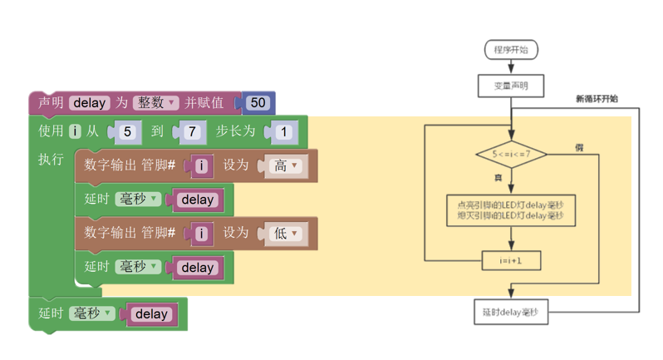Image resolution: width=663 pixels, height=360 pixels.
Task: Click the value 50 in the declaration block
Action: [258, 103]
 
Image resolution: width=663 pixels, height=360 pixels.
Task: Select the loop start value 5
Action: [127, 132]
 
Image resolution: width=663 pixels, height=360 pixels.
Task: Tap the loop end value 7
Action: [192, 132]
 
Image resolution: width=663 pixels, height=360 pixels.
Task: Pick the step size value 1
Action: [283, 132]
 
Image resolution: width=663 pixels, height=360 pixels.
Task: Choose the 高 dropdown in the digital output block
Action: [286, 165]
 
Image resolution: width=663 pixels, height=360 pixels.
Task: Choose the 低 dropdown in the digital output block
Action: [286, 233]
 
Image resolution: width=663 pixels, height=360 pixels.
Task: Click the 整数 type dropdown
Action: [155, 103]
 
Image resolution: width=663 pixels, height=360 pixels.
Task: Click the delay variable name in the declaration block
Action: [90, 103]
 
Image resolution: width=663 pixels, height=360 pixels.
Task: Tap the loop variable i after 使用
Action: [75, 131]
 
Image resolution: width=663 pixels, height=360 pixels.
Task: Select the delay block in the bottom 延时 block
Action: [152, 314]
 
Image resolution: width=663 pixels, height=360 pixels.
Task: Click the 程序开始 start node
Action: [511, 50]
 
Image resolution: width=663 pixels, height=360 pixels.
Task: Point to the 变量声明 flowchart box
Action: [511, 86]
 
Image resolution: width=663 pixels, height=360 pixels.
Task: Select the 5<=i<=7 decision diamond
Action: [511, 154]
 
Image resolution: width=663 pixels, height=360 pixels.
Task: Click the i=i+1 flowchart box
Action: [511, 260]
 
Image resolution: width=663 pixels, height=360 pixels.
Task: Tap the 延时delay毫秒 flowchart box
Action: [511, 313]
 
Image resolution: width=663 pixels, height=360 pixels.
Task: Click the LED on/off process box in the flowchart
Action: [511, 210]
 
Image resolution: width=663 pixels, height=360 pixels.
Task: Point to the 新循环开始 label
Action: [597, 99]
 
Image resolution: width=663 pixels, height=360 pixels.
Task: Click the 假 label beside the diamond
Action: [579, 148]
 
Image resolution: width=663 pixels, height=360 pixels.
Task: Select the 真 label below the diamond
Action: [498, 178]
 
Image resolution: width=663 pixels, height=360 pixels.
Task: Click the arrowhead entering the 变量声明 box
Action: [511, 69]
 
